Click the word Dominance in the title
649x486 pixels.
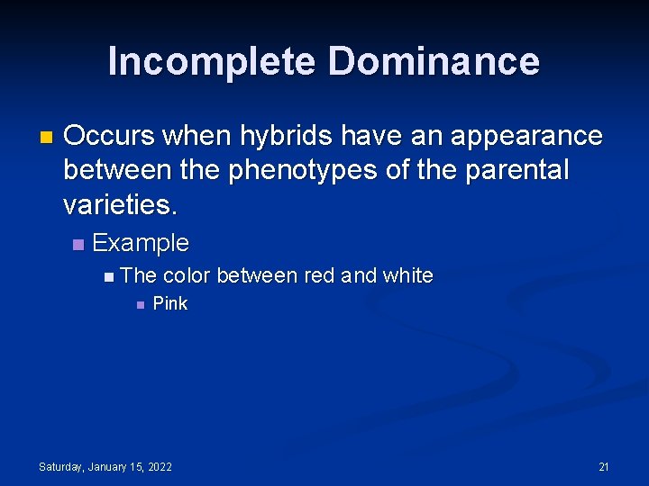(x=434, y=62)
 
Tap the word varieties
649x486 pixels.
(x=121, y=204)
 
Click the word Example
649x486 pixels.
(x=141, y=243)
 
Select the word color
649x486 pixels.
(x=187, y=275)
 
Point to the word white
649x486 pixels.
(x=407, y=275)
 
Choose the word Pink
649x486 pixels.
(x=170, y=304)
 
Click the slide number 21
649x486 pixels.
(x=604, y=466)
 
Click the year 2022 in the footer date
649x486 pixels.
(x=159, y=466)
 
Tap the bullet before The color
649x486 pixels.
(x=109, y=276)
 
